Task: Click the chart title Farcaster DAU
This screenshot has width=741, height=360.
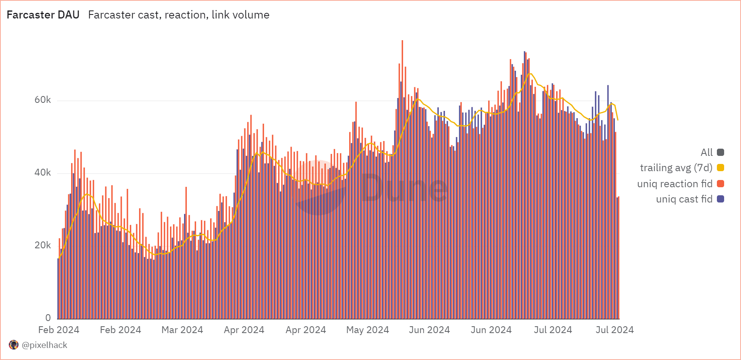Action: pyautogui.click(x=43, y=15)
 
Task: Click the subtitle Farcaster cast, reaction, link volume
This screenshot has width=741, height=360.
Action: pyautogui.click(x=179, y=15)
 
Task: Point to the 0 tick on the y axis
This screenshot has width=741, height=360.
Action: pyautogui.click(x=48, y=318)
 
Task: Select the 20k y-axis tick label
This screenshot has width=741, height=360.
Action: pyautogui.click(x=43, y=245)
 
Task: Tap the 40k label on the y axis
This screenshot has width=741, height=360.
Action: pyautogui.click(x=43, y=172)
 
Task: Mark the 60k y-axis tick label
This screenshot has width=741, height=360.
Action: pyautogui.click(x=43, y=100)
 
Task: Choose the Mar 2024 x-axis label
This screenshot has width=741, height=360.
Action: pyautogui.click(x=182, y=330)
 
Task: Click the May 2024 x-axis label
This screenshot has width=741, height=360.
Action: pyautogui.click(x=368, y=330)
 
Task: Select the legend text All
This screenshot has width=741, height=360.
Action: pyautogui.click(x=706, y=152)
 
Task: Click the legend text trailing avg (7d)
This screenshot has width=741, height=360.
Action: pyautogui.click(x=676, y=168)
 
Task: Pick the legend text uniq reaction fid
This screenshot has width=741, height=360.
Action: pyautogui.click(x=675, y=184)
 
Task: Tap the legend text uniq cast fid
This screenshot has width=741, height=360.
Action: pyautogui.click(x=684, y=199)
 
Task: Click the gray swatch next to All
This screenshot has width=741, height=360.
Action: pyautogui.click(x=721, y=152)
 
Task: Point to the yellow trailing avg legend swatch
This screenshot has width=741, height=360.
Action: pyautogui.click(x=721, y=168)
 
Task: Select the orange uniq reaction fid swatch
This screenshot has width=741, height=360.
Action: pyautogui.click(x=721, y=184)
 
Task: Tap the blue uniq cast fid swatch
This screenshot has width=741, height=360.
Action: pyautogui.click(x=721, y=199)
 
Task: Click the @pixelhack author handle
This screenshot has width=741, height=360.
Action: pyautogui.click(x=45, y=345)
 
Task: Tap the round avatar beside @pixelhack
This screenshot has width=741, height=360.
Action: pyautogui.click(x=14, y=345)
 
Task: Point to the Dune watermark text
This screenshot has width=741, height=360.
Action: pyautogui.click(x=404, y=188)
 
